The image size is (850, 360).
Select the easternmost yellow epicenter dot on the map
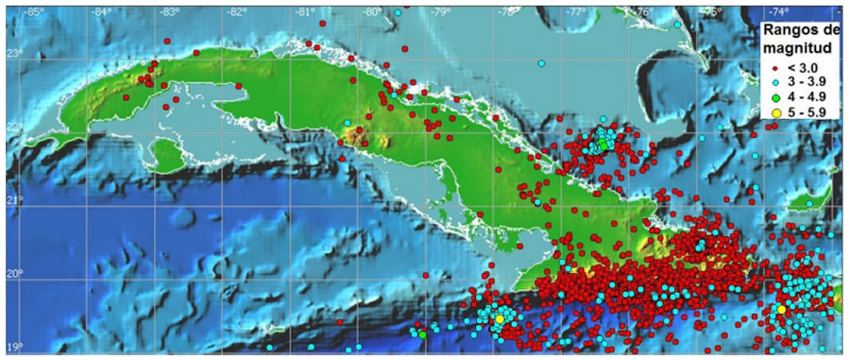(781, 309)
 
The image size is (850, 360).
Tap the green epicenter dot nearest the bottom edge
(422, 333)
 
